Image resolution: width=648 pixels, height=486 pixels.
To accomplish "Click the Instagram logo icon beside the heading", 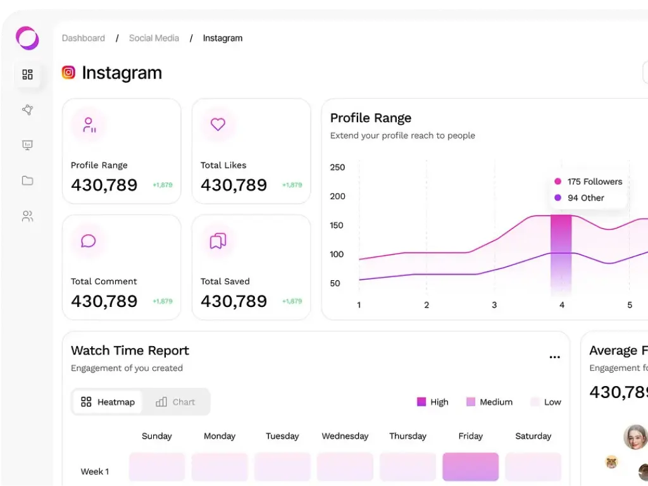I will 68,73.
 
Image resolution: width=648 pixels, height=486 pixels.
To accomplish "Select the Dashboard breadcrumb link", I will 84,38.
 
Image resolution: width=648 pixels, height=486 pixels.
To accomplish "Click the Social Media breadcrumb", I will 154,38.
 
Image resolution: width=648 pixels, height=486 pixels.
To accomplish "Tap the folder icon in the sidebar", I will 27,181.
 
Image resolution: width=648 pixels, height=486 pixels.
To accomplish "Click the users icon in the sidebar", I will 27,216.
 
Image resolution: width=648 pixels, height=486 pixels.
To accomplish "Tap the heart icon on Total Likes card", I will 218,125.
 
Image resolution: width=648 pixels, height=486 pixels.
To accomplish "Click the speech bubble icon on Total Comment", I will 89,241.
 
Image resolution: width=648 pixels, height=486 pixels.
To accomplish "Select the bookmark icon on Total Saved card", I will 218,241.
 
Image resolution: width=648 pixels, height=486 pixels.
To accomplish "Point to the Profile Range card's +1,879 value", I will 163,185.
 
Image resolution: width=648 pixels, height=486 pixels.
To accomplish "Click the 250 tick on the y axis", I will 337,167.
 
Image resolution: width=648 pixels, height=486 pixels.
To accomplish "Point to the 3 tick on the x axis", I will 494,305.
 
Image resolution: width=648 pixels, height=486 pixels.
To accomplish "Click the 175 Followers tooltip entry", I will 589,182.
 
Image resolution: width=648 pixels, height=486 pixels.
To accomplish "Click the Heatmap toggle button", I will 108,402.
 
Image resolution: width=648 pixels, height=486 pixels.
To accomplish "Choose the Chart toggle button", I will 175,402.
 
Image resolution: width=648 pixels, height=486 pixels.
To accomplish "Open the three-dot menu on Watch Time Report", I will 554,358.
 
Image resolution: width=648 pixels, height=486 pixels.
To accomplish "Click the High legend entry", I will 433,402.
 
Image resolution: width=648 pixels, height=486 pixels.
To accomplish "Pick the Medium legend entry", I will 489,402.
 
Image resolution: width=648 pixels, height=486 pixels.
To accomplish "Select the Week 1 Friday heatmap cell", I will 470,467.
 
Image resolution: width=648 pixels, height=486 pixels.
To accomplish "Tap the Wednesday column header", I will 345,436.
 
